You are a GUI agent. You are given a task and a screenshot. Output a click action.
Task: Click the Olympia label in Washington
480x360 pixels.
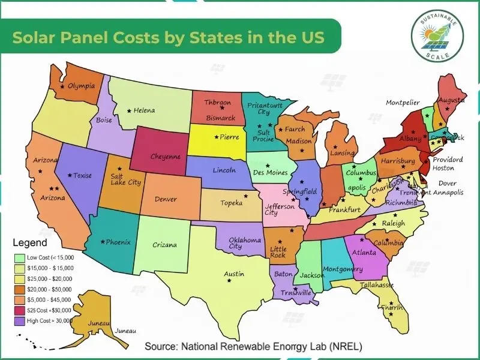[82, 86]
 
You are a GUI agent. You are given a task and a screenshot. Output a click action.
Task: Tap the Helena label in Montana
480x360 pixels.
[144, 110]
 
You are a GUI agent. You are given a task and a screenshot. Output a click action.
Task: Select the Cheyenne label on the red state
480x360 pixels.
[165, 157]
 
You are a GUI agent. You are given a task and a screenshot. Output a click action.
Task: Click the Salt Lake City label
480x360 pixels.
[125, 179]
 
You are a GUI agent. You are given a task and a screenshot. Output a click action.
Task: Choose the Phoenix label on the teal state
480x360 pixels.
[118, 242]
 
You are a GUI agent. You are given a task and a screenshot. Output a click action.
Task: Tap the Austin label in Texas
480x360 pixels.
[234, 274]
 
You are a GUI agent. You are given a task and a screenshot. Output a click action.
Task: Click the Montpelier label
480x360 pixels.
[403, 103]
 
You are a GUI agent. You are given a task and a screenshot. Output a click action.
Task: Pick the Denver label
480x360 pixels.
[166, 199]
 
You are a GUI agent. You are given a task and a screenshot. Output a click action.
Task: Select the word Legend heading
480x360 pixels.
[29, 244]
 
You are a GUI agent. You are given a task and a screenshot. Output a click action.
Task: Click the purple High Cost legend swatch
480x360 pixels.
[20, 321]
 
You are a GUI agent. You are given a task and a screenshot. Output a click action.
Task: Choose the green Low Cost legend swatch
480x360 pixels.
[20, 257]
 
